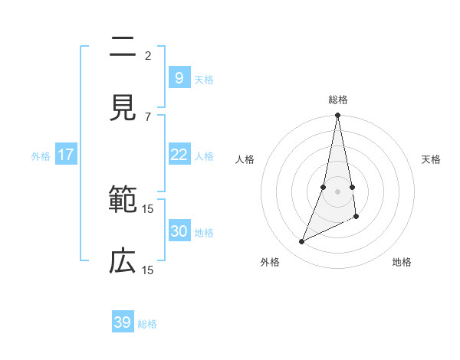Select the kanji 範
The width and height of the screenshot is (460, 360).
(123, 201)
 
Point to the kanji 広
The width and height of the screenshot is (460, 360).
(123, 262)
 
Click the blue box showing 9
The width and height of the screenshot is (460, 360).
(179, 77)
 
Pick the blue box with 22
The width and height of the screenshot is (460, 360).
(179, 155)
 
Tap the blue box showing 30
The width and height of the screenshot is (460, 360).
(179, 231)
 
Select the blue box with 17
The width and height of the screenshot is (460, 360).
(66, 155)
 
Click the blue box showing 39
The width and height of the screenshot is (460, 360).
(123, 322)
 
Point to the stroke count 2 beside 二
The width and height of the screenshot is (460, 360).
(148, 55)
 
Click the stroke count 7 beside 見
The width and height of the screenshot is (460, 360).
(148, 116)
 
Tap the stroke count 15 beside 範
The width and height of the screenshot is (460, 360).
(148, 208)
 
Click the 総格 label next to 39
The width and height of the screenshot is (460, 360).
(147, 324)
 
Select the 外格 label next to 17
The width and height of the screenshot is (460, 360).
(41, 156)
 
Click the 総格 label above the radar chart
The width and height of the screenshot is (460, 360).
(338, 100)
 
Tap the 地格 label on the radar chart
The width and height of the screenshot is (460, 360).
(402, 262)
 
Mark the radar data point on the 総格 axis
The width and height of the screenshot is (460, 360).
(338, 115)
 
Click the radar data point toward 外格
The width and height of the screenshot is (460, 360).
(302, 242)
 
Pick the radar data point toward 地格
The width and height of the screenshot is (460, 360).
(356, 218)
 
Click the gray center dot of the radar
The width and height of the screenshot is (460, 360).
(338, 191)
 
